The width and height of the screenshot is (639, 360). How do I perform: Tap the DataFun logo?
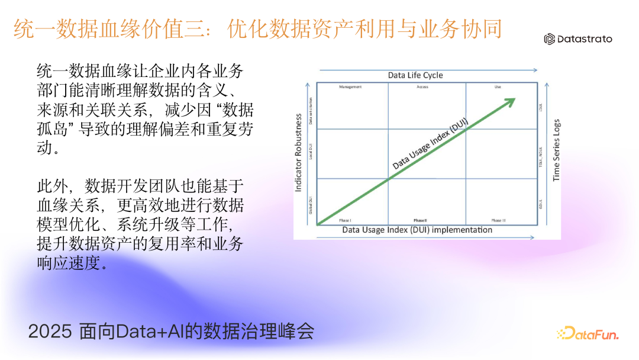tap(587, 334)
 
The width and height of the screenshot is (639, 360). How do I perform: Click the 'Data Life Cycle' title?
tap(415, 75)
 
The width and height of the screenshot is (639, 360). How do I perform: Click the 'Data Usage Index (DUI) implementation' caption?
tap(417, 230)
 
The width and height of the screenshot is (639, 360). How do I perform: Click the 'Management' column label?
tap(350, 87)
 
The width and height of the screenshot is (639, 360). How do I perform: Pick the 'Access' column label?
tap(422, 87)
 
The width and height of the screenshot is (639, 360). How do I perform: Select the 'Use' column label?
tap(498, 87)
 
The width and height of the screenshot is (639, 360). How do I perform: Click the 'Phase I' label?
tap(345, 220)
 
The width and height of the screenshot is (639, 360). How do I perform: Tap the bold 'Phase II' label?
tap(420, 220)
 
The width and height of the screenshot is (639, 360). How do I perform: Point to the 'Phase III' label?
tap(498, 220)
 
